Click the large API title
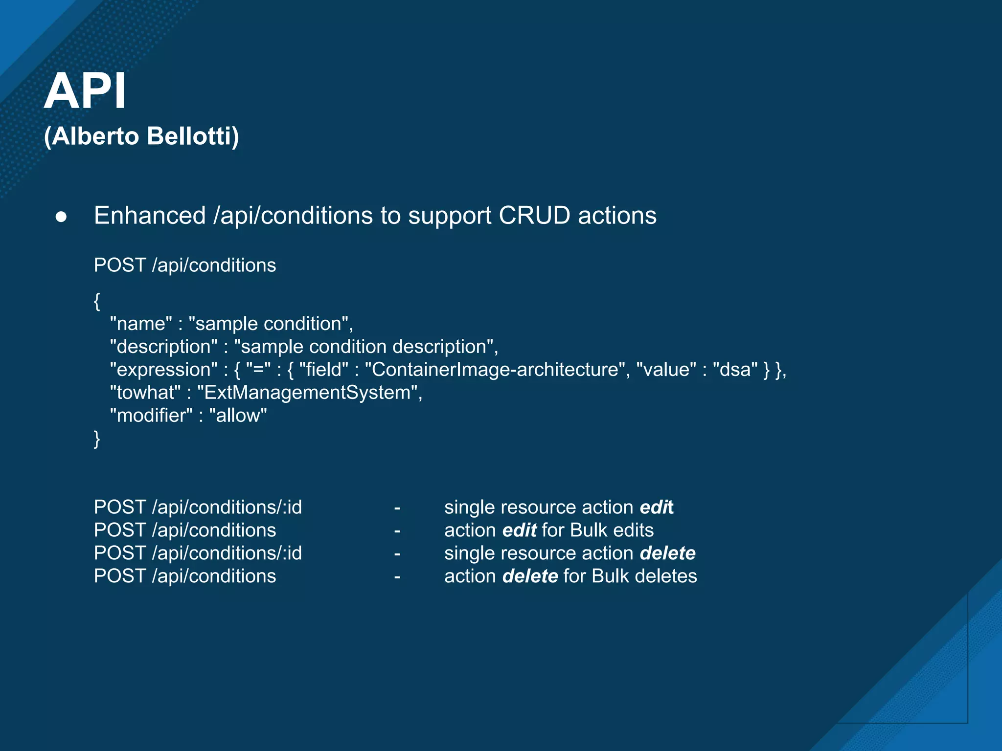(85, 91)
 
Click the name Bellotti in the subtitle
(192, 136)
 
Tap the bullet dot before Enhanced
(61, 217)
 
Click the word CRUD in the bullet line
(534, 216)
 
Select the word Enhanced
(150, 216)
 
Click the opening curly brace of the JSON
(97, 301)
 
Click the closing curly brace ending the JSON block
(97, 439)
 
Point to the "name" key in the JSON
(141, 324)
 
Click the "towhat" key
(145, 393)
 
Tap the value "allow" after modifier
(238, 416)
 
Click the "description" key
(163, 347)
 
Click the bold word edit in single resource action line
(657, 508)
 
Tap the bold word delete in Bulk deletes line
(530, 576)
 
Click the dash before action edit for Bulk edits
(397, 530)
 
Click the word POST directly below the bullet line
(120, 265)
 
